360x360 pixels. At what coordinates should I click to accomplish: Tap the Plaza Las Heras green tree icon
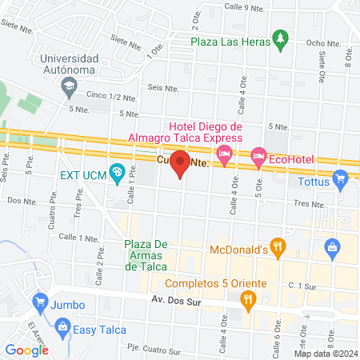click(279, 38)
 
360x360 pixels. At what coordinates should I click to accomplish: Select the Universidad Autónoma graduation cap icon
click(69, 83)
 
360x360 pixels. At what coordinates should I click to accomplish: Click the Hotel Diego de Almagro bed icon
click(226, 154)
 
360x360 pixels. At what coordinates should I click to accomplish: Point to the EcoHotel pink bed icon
click(258, 158)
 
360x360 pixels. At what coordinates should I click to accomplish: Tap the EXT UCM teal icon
click(117, 171)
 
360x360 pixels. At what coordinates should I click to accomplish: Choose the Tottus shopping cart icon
click(341, 180)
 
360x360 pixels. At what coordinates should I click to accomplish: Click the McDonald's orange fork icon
click(278, 248)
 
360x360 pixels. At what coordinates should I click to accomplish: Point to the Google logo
click(26, 350)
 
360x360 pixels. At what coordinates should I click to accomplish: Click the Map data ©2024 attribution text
click(324, 353)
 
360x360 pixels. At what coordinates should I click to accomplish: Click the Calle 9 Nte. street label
click(244, 8)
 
